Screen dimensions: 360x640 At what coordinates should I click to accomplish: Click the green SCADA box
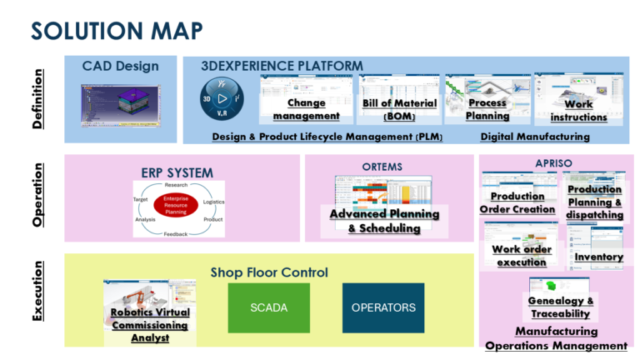pyautogui.click(x=268, y=307)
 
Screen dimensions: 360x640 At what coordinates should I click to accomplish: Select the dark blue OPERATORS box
pyautogui.click(x=382, y=307)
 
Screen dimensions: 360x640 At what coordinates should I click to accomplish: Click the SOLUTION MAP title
pyautogui.click(x=117, y=31)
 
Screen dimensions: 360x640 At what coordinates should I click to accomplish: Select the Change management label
pyautogui.click(x=306, y=109)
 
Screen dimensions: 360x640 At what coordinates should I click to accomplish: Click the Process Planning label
pyautogui.click(x=487, y=109)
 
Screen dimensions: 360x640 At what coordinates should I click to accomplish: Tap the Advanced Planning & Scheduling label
pyautogui.click(x=384, y=221)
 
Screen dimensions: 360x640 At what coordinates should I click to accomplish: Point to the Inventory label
pyautogui.click(x=598, y=257)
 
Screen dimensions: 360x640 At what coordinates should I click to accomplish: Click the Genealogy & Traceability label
pyautogui.click(x=562, y=307)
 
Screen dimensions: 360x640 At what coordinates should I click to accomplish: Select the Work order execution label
pyautogui.click(x=522, y=255)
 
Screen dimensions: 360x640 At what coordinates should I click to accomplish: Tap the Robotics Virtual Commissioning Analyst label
pyautogui.click(x=150, y=325)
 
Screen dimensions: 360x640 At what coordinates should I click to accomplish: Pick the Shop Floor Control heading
pyautogui.click(x=269, y=272)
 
